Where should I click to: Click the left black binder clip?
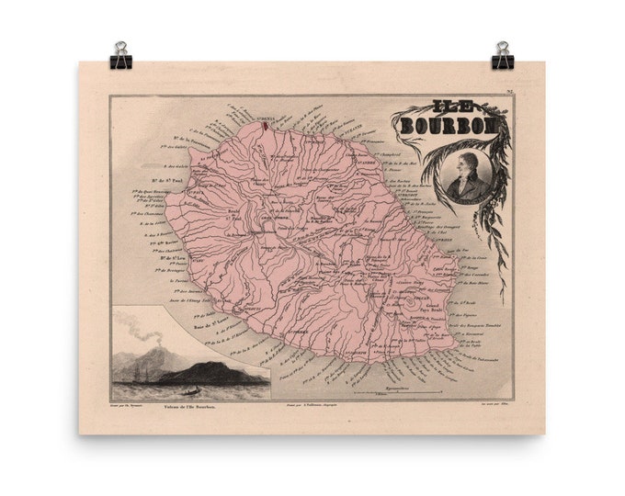120,56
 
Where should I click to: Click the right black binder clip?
503,56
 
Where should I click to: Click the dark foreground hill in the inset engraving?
216,373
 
